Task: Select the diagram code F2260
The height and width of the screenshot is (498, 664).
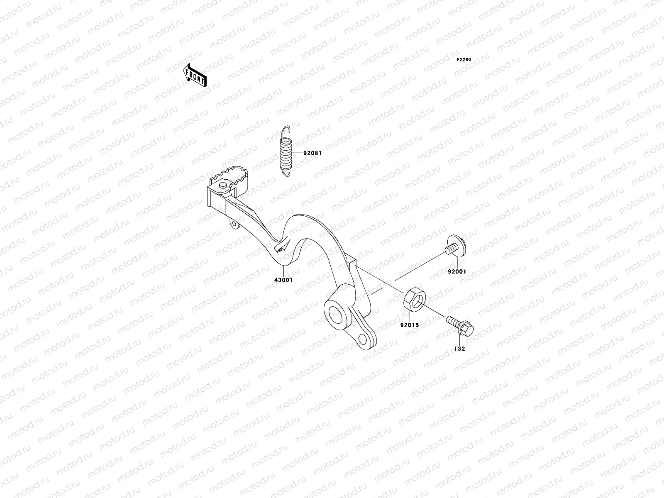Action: [464, 60]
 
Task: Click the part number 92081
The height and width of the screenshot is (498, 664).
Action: [312, 153]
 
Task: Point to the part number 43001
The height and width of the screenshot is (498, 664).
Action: [283, 280]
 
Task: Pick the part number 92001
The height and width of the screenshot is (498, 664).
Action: [456, 272]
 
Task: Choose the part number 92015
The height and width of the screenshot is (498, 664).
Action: [409, 325]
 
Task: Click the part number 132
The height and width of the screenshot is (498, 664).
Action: [459, 349]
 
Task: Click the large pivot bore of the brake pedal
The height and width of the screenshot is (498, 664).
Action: [336, 314]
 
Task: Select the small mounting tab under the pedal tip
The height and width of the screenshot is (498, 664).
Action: [235, 225]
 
